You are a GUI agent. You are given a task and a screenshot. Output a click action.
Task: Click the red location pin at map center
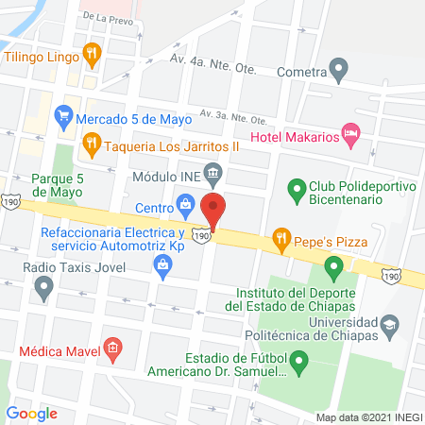tap(213, 210)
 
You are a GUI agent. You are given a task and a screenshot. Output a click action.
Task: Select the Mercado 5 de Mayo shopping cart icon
tap(63, 118)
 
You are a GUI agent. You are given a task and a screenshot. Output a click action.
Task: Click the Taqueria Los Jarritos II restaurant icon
tap(91, 144)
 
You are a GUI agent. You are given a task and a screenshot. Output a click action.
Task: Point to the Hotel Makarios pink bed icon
tap(351, 134)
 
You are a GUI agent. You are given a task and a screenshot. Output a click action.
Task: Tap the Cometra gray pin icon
tap(339, 69)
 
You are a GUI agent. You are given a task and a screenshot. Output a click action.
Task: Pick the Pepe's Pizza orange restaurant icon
tap(280, 238)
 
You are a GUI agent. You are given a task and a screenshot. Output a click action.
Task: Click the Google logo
tap(31, 413)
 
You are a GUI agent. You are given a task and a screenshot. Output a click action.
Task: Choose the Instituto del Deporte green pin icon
tap(332, 269)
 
